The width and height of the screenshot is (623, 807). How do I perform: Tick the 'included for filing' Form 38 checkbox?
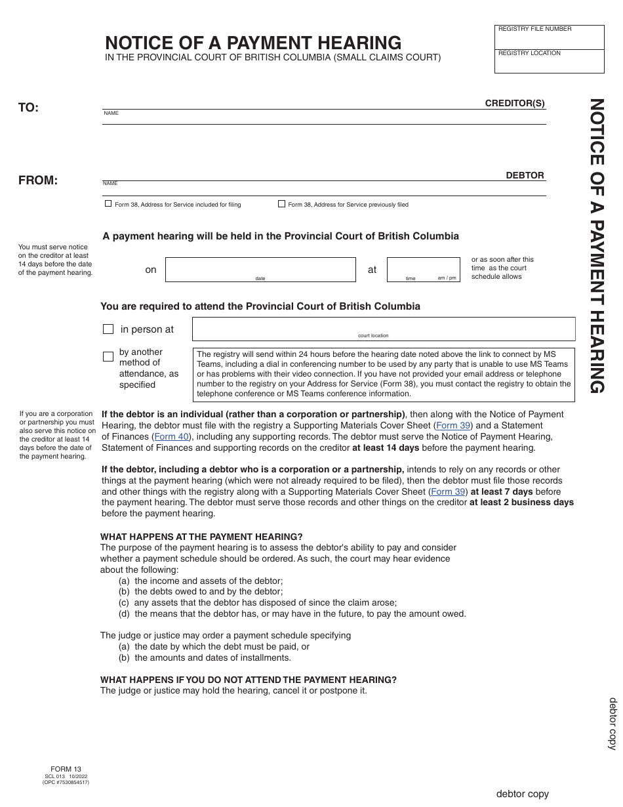tap(108, 204)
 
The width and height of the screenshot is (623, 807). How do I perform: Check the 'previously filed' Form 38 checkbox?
tap(281, 204)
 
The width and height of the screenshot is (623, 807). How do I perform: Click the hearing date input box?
tap(260, 268)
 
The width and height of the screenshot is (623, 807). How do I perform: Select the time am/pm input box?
tap(422, 268)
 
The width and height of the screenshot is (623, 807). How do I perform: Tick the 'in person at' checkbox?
tap(109, 329)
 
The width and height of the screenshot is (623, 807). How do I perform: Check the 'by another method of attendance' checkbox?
tap(109, 357)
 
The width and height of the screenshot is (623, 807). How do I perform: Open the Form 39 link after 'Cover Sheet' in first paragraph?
tap(453, 425)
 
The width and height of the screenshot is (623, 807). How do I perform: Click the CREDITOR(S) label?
tap(515, 103)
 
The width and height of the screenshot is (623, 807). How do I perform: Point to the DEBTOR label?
tap(525, 175)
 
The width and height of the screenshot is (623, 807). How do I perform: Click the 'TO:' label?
tap(29, 108)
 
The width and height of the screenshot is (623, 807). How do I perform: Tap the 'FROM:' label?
tap(38, 180)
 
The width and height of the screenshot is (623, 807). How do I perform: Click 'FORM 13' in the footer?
tap(66, 769)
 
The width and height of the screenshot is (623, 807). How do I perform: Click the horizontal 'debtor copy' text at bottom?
tap(522, 794)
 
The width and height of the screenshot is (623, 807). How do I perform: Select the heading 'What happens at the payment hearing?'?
tap(201, 537)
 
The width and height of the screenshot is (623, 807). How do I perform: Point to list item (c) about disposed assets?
tap(258, 602)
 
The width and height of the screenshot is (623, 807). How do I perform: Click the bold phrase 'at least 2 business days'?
tap(521, 503)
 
